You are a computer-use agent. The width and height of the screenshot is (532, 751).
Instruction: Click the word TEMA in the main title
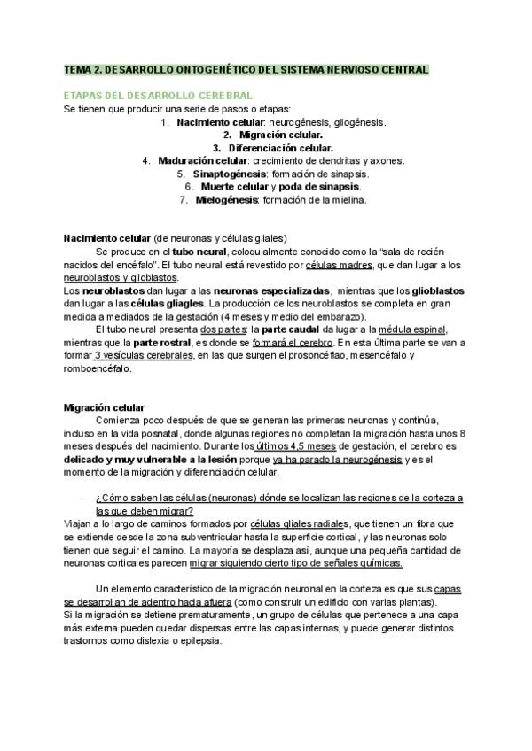(78, 69)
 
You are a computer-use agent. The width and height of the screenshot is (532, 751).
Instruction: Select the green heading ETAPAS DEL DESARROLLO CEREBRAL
(159, 95)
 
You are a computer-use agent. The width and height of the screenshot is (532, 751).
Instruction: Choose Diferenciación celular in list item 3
(280, 147)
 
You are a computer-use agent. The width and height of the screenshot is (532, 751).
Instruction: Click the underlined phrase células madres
(340, 265)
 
